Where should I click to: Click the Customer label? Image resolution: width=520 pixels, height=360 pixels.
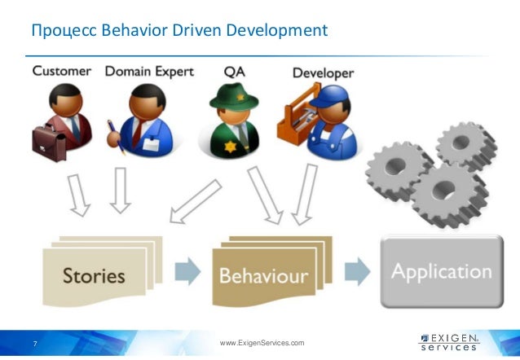[x=61, y=71]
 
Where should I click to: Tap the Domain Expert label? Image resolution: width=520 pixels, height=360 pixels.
[x=149, y=71]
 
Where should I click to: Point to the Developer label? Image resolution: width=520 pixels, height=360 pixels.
[x=324, y=73]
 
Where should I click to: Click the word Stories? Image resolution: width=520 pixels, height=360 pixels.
[x=94, y=275]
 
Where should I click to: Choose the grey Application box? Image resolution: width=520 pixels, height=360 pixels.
[x=441, y=271]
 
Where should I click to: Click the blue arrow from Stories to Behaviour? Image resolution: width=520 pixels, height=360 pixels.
[x=187, y=272]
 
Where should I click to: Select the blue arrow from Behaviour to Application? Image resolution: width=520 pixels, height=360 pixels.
[x=355, y=272]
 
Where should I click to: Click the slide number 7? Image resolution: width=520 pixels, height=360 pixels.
[x=34, y=343]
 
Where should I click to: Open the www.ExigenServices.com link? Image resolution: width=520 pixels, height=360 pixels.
[x=262, y=343]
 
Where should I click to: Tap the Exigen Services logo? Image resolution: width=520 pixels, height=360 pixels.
[x=449, y=341]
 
